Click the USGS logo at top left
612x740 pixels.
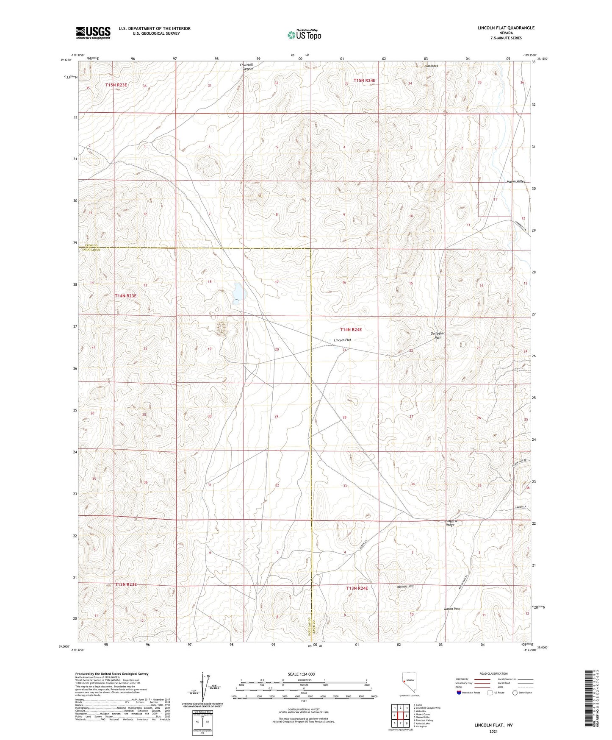click(93, 33)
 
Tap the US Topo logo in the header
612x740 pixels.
click(304, 35)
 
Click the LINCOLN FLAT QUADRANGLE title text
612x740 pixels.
click(506, 28)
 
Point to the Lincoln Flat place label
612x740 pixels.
click(342, 340)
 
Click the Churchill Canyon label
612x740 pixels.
click(247, 67)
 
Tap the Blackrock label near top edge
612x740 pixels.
click(431, 66)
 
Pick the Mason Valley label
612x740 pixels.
click(515, 181)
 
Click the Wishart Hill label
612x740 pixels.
click(404, 587)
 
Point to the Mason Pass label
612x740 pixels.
click(451, 609)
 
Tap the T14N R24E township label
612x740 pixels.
click(351, 329)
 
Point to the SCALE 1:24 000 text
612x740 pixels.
click(301, 674)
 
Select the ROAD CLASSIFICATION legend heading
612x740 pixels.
click(493, 673)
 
